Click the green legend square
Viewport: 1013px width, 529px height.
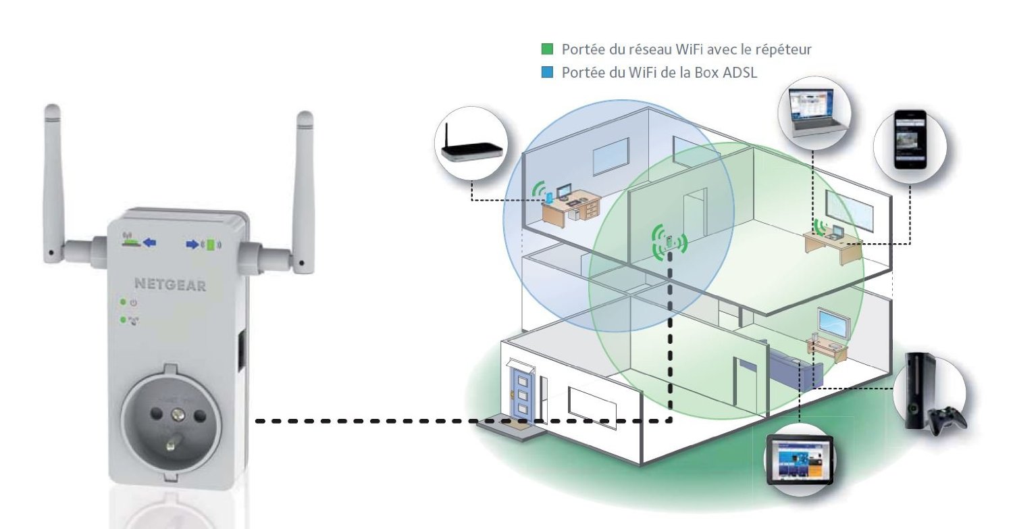pos(547,49)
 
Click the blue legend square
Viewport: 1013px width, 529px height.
pos(547,72)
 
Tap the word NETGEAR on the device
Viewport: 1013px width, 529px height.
pos(170,284)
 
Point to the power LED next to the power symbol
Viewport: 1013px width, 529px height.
pos(122,302)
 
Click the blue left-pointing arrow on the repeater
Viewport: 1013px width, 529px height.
pos(150,243)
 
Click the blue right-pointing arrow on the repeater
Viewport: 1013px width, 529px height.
pos(192,245)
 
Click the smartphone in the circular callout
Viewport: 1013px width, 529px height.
pos(910,140)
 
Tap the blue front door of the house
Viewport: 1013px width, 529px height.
pos(522,395)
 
